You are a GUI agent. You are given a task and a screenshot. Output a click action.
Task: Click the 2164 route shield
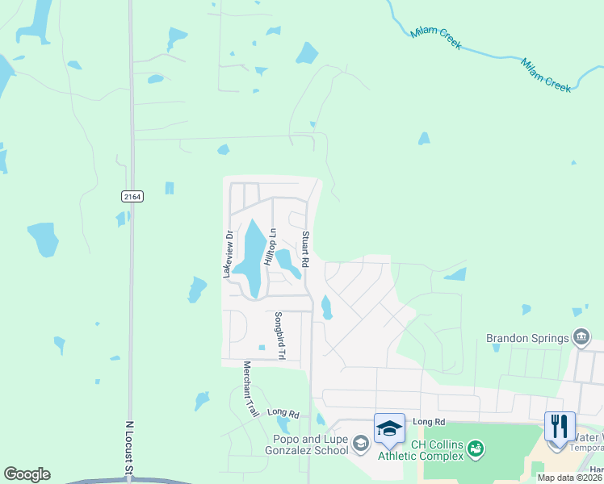click(x=132, y=197)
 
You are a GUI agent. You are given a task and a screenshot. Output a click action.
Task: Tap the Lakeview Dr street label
click(x=229, y=255)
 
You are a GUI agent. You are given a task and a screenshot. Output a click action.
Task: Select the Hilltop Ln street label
click(x=273, y=243)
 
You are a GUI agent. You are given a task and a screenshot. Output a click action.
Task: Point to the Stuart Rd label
click(x=306, y=250)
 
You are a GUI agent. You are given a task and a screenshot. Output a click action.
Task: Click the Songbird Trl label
click(x=278, y=336)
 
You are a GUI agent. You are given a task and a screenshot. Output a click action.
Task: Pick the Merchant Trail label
click(x=250, y=389)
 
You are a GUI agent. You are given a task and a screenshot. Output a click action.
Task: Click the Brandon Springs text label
click(x=527, y=338)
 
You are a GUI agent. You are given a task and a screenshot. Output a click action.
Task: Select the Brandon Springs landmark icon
click(x=581, y=336)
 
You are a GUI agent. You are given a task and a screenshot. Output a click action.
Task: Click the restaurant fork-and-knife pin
click(x=560, y=426)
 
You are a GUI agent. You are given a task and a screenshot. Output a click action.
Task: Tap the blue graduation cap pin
click(x=389, y=428)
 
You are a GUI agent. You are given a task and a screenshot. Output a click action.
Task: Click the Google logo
click(x=27, y=474)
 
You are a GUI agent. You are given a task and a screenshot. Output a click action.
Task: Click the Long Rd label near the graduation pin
click(x=429, y=422)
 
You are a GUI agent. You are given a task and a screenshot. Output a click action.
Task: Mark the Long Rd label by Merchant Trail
click(x=283, y=413)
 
